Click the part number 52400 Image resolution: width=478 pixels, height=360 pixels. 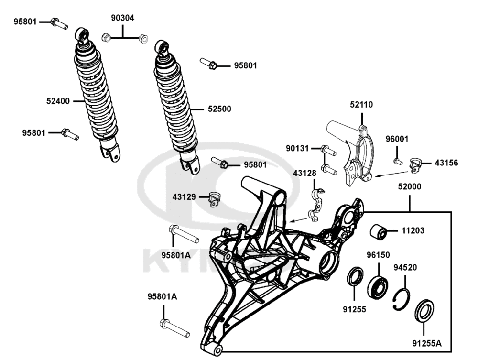tap(58, 101)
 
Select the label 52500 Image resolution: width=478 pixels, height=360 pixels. tap(219, 109)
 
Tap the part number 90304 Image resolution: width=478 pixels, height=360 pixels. tap(123, 19)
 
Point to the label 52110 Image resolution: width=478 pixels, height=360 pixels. tap(361, 105)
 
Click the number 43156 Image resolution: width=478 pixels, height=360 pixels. tap(446, 163)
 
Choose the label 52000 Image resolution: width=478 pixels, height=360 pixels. tap(409, 188)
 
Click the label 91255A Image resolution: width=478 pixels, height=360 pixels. tap(427, 343)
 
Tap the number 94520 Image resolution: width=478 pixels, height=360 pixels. tap(405, 267)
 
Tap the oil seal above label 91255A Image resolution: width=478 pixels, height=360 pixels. tap(423, 310)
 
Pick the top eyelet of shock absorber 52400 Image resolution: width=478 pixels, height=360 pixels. tap(82, 35)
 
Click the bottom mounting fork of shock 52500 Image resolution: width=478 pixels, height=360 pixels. tap(191, 165)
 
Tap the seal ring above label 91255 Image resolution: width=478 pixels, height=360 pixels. tap(354, 277)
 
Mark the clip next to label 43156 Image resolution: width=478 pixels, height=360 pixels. tap(416, 165)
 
